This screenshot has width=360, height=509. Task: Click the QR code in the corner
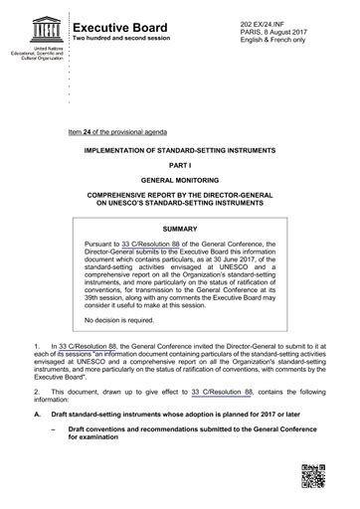pyautogui.click(x=314, y=478)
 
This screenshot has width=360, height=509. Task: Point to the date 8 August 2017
pyautogui.click(x=271, y=21)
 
